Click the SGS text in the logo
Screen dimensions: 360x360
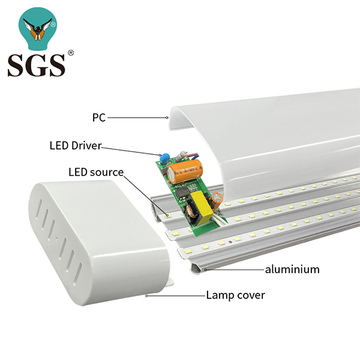[36, 64]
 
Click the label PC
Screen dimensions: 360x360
[98, 118]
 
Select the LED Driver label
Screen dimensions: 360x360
[75, 145]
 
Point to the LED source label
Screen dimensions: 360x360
[95, 172]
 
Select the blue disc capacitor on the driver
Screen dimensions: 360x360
[161, 158]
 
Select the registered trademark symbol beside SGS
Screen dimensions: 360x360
[71, 53]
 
